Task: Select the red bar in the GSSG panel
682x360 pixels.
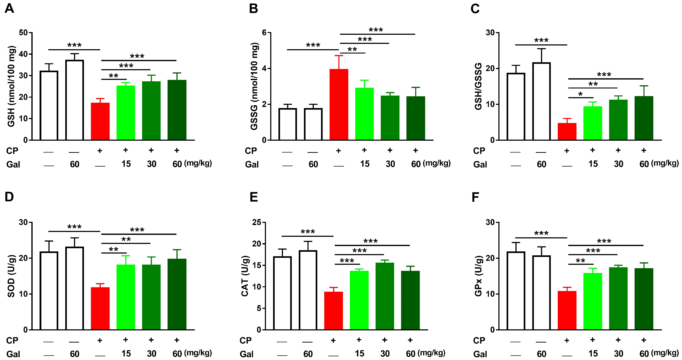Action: [339, 105]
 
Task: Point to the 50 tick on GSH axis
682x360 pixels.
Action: [23, 33]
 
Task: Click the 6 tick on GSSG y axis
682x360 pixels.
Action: [264, 33]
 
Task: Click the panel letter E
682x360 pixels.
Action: [254, 197]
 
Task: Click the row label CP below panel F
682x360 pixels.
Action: [479, 340]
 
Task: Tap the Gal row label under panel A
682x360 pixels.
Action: [13, 165]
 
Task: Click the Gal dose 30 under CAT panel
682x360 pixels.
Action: [385, 354]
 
